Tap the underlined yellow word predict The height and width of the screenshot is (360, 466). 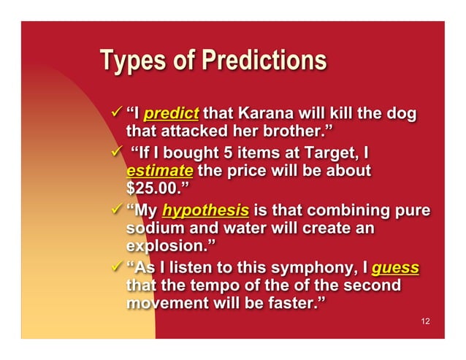[172, 114]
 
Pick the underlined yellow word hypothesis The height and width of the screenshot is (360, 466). [205, 210]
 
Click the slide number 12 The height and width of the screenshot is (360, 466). [426, 321]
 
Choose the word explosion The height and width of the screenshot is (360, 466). [167, 248]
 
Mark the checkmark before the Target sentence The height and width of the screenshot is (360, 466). [114, 153]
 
